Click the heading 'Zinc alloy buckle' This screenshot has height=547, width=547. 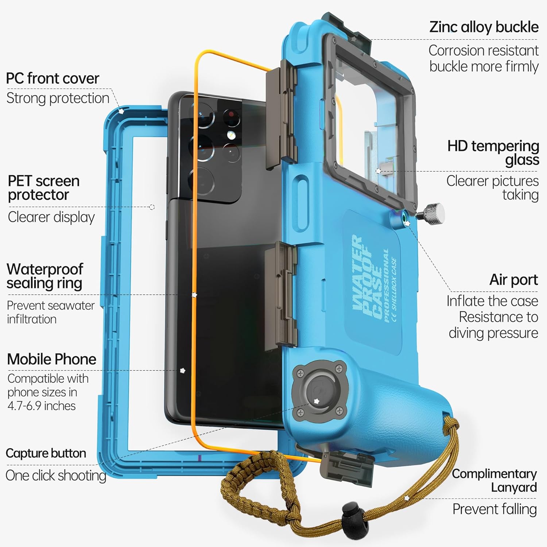point(484,27)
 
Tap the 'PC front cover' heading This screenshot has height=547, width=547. point(53,78)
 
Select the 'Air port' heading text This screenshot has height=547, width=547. point(513,280)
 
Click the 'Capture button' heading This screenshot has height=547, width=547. point(46,453)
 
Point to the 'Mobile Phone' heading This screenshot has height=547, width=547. point(52,359)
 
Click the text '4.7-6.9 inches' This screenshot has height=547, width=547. point(42,406)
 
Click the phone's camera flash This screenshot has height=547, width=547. point(230,135)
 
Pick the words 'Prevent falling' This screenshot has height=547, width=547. point(494,509)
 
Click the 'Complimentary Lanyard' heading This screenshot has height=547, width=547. point(494,480)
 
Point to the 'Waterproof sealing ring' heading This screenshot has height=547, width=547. point(45,276)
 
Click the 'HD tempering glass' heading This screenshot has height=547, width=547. point(493,153)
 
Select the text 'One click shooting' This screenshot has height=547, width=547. point(56,476)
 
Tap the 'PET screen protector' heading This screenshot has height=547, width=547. point(43,188)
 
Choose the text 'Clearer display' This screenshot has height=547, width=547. point(51,217)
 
